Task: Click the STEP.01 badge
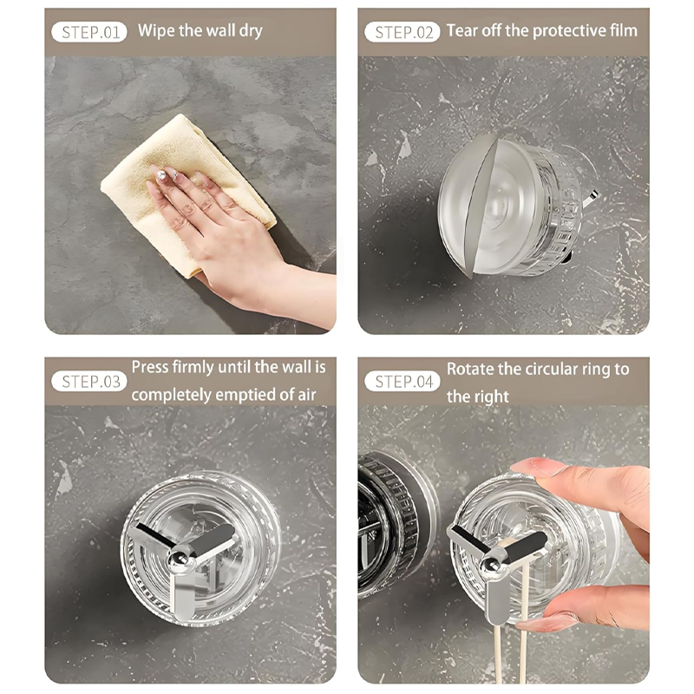tap(89, 32)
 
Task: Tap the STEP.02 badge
tap(403, 32)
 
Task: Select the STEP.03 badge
tap(89, 382)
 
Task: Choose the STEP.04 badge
tap(403, 382)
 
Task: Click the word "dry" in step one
tap(251, 31)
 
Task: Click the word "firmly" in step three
tap(193, 368)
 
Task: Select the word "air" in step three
tap(307, 395)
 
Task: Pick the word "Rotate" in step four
tap(468, 370)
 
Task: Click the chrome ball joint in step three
tap(180, 560)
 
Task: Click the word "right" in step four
tap(489, 397)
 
